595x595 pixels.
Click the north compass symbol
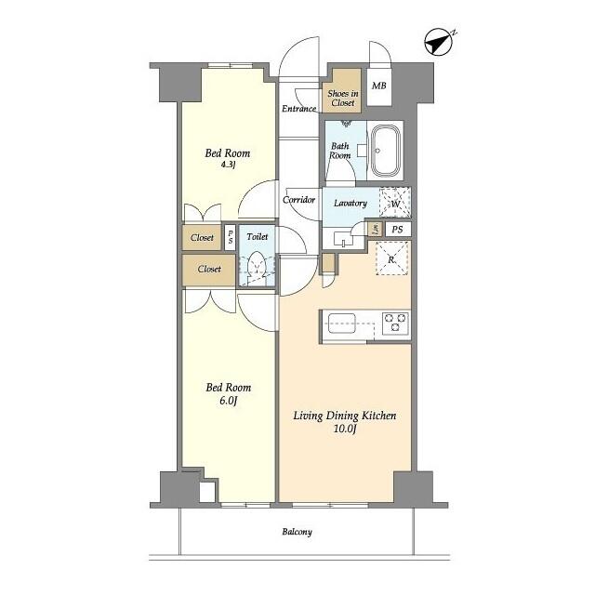[437, 43]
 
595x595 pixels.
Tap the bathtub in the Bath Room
[384, 150]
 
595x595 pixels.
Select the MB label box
[378, 86]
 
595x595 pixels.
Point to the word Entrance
[299, 109]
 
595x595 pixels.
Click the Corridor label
[298, 200]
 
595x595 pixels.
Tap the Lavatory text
[350, 203]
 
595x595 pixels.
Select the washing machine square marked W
[395, 203]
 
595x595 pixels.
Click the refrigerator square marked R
[391, 257]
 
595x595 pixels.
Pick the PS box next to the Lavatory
[397, 230]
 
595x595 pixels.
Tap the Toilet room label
[258, 237]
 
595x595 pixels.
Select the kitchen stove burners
[395, 324]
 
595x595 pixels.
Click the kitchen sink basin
[338, 324]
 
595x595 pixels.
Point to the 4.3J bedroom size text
[228, 165]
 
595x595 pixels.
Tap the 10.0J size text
[346, 429]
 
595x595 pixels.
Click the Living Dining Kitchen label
[346, 416]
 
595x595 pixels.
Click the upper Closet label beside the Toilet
[202, 238]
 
